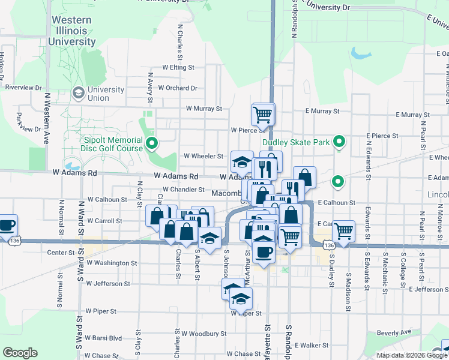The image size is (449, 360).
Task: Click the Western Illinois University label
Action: coord(72,31)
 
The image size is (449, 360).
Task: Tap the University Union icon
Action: coord(78,94)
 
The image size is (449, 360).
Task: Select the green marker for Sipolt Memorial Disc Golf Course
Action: coord(152,143)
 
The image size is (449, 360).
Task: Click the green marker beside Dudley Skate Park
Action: coord(339,142)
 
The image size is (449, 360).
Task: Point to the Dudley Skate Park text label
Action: coord(297,143)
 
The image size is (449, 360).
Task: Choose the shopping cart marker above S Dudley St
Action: coord(343,230)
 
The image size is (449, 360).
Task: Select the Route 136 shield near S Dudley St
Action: coord(328,246)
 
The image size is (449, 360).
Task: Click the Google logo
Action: coord(20,353)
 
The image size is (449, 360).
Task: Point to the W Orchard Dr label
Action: coord(178,88)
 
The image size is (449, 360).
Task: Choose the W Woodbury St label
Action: coord(204,333)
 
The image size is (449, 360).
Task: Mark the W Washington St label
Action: coord(112,263)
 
